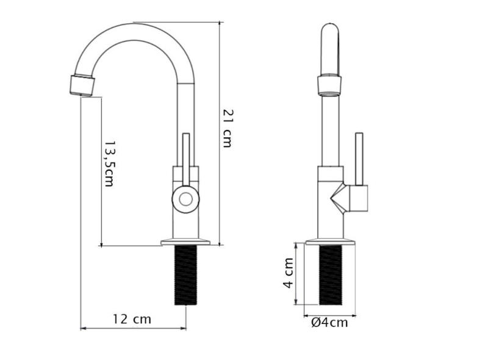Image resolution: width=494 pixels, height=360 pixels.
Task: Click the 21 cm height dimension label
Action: pyautogui.click(x=227, y=128)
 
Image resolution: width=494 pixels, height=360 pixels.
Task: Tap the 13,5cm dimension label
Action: pyautogui.click(x=109, y=163)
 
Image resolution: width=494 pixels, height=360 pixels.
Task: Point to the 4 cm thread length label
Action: pyautogui.click(x=288, y=274)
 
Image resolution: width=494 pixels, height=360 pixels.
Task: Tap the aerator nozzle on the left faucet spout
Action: pyautogui.click(x=82, y=84)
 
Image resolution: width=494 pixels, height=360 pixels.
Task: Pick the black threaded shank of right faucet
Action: pyautogui.click(x=331, y=275)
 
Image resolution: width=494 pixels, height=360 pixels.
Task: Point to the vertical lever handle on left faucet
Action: pyautogui.click(x=186, y=156)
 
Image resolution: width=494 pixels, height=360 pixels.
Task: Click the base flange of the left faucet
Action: pyautogui.click(x=185, y=242)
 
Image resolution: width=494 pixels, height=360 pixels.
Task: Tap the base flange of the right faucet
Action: pyautogui.click(x=330, y=242)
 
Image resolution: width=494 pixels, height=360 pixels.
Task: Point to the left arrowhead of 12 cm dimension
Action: pyautogui.click(x=84, y=329)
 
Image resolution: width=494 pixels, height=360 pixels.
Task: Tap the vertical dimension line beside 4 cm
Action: pyautogui.click(x=296, y=274)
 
